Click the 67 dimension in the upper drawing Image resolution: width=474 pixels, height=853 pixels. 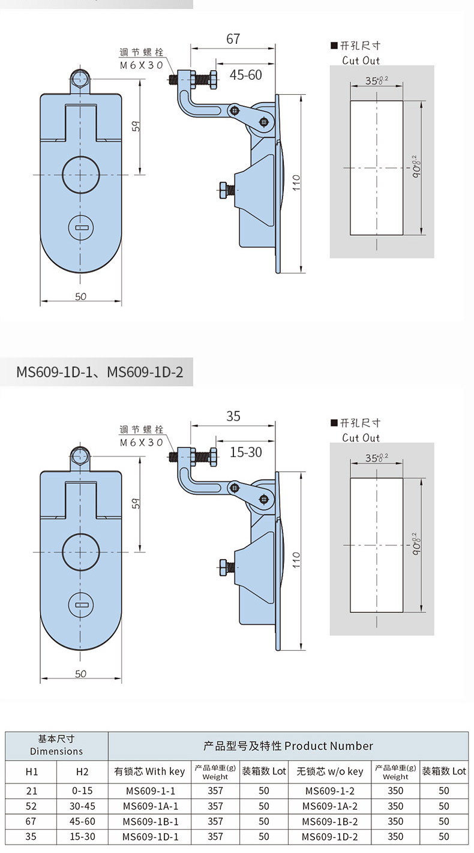pos(233,39)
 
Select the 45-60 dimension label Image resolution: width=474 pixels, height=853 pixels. pos(246,75)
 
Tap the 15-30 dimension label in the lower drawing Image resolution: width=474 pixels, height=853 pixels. pos(246,452)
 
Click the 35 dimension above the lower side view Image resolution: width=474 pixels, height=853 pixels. pos(233,416)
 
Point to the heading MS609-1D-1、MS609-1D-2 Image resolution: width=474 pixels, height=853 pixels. pos(100,372)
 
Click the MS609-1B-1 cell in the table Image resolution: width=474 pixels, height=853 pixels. pos(151,821)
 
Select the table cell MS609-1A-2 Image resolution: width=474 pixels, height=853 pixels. pos(330,806)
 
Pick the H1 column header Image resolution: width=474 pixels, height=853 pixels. pos(32,772)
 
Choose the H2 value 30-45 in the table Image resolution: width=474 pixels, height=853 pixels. pos(82,806)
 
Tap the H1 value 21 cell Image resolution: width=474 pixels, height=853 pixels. pos(32,791)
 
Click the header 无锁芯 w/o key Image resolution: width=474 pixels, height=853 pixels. pos(330,771)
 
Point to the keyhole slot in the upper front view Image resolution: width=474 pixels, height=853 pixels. pos(81,228)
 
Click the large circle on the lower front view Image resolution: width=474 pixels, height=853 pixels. pos(81,552)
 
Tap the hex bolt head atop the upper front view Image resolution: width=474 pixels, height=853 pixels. pos(80,79)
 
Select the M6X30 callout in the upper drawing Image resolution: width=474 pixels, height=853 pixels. pos(142,65)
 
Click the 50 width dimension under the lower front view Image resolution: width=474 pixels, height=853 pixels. pos(81,674)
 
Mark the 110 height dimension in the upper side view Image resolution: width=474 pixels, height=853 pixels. pos(296,183)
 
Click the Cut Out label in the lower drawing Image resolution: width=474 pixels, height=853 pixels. pos(361,437)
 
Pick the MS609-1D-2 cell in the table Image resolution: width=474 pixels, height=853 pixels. pos(330,837)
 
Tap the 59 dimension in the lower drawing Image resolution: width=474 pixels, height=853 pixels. pos(136,503)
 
